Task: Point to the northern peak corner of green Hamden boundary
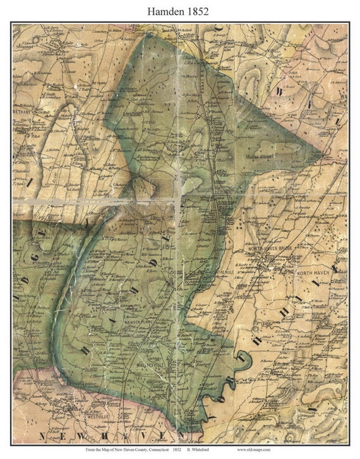point(149,35)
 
